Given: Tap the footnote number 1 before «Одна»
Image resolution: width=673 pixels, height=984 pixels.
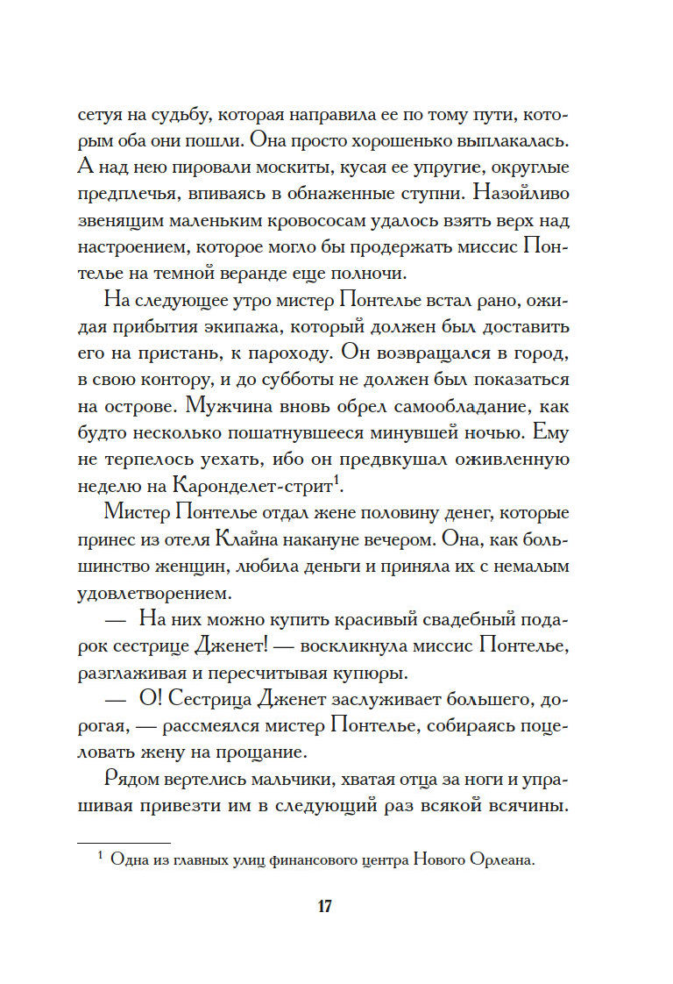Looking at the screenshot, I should [101, 857].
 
